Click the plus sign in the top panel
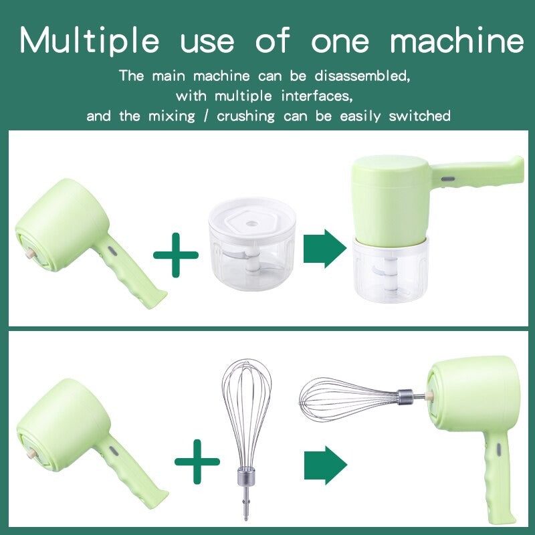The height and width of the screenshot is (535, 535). (176, 254)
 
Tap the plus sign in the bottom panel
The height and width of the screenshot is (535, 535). (197, 461)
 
